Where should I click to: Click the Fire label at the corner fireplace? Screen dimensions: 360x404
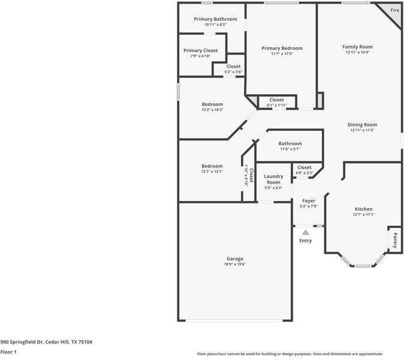(394, 11)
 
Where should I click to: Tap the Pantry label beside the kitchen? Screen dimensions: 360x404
(394, 241)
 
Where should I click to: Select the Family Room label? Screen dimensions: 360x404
(357, 47)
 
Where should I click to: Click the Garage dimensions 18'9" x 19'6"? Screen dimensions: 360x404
(235, 264)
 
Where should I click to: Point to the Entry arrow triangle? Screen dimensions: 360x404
(305, 232)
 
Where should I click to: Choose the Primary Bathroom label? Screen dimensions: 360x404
(215, 19)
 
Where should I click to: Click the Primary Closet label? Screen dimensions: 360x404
(200, 51)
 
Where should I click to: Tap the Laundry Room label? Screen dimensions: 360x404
(273, 179)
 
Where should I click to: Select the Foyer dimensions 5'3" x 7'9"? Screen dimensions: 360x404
(308, 206)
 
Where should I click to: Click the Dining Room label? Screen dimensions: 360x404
(362, 125)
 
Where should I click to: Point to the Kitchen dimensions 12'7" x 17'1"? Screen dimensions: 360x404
(363, 214)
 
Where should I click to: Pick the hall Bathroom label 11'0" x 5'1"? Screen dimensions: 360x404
(290, 144)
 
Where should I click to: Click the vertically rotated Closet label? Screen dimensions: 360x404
(251, 176)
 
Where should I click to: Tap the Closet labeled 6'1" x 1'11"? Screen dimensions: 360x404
(276, 100)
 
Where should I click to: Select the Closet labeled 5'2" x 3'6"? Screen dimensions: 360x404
(233, 67)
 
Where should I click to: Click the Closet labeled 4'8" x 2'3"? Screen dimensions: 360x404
(304, 167)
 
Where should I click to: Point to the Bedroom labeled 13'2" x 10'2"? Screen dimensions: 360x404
(212, 104)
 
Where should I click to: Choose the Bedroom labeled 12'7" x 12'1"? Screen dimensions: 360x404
(212, 166)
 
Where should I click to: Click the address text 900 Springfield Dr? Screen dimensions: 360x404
(46, 342)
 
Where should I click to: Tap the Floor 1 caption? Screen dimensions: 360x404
(8, 352)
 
